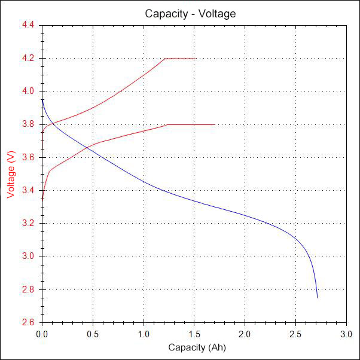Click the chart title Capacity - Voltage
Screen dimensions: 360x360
pyautogui.click(x=190, y=13)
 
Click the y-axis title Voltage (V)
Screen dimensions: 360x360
pyautogui.click(x=10, y=174)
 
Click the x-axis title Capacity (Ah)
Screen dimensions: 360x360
pyautogui.click(x=197, y=347)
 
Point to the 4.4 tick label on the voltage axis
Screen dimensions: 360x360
pyautogui.click(x=28, y=25)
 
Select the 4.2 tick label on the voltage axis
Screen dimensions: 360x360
pyautogui.click(x=28, y=59)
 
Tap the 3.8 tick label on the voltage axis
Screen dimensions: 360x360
pyautogui.click(x=28, y=124)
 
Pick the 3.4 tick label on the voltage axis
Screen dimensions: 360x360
pyautogui.click(x=28, y=191)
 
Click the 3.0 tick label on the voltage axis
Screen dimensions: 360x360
pyautogui.click(x=28, y=257)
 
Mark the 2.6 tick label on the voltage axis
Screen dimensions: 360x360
pyautogui.click(x=28, y=323)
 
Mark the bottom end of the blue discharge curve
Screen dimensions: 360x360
pyautogui.click(x=317, y=297)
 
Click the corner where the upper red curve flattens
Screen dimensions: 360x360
pyautogui.click(x=164, y=59)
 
